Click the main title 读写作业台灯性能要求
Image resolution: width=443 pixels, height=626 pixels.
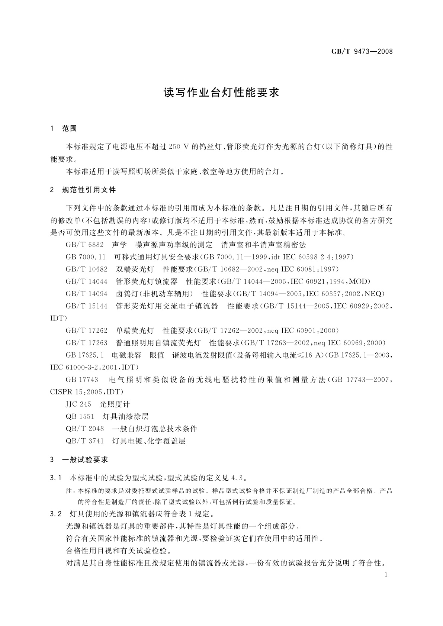[221, 93]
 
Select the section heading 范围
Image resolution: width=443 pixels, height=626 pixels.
[70, 129]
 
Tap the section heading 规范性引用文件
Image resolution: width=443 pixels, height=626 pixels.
[89, 190]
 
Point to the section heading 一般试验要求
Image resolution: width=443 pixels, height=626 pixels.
[85, 460]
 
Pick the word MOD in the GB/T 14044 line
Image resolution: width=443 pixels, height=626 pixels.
[360, 281]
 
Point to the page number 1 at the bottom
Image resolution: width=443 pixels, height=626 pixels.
[385, 575]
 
